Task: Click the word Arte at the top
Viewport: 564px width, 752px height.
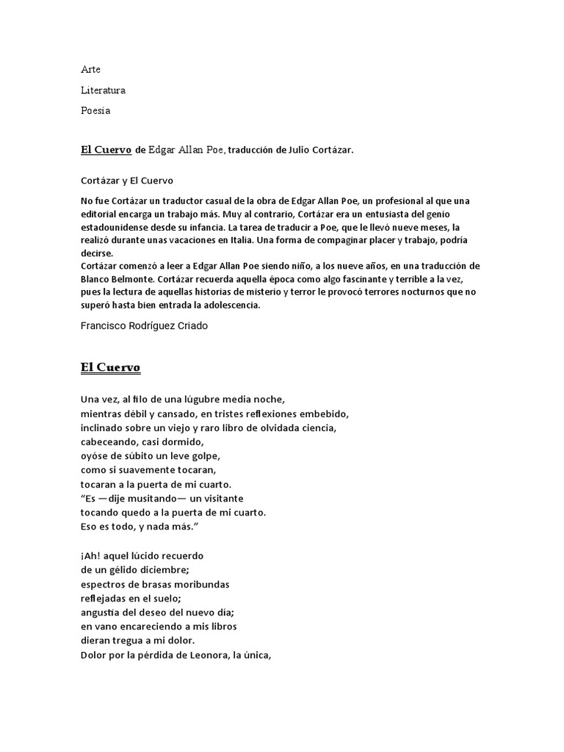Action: click(x=90, y=69)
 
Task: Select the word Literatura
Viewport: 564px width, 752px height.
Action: click(x=103, y=90)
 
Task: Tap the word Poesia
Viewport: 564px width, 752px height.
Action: click(x=95, y=111)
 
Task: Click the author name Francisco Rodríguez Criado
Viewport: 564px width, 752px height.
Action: click(x=144, y=326)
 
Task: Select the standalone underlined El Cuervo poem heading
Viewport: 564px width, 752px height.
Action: click(x=110, y=366)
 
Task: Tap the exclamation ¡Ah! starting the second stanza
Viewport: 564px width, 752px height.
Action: click(x=90, y=555)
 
